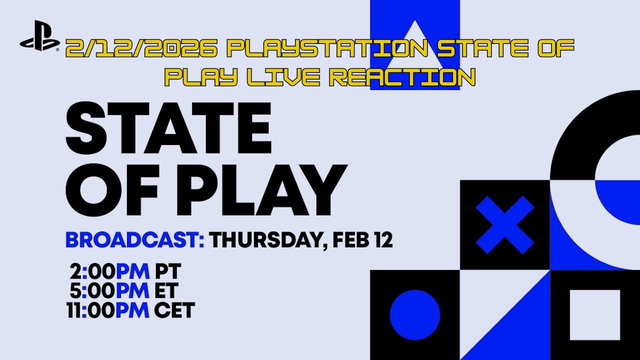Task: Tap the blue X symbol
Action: [504, 225]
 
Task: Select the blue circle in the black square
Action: [414, 315]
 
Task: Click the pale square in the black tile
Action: [594, 315]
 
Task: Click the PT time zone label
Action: [167, 272]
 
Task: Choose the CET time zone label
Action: [174, 310]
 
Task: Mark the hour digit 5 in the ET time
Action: [77, 291]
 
